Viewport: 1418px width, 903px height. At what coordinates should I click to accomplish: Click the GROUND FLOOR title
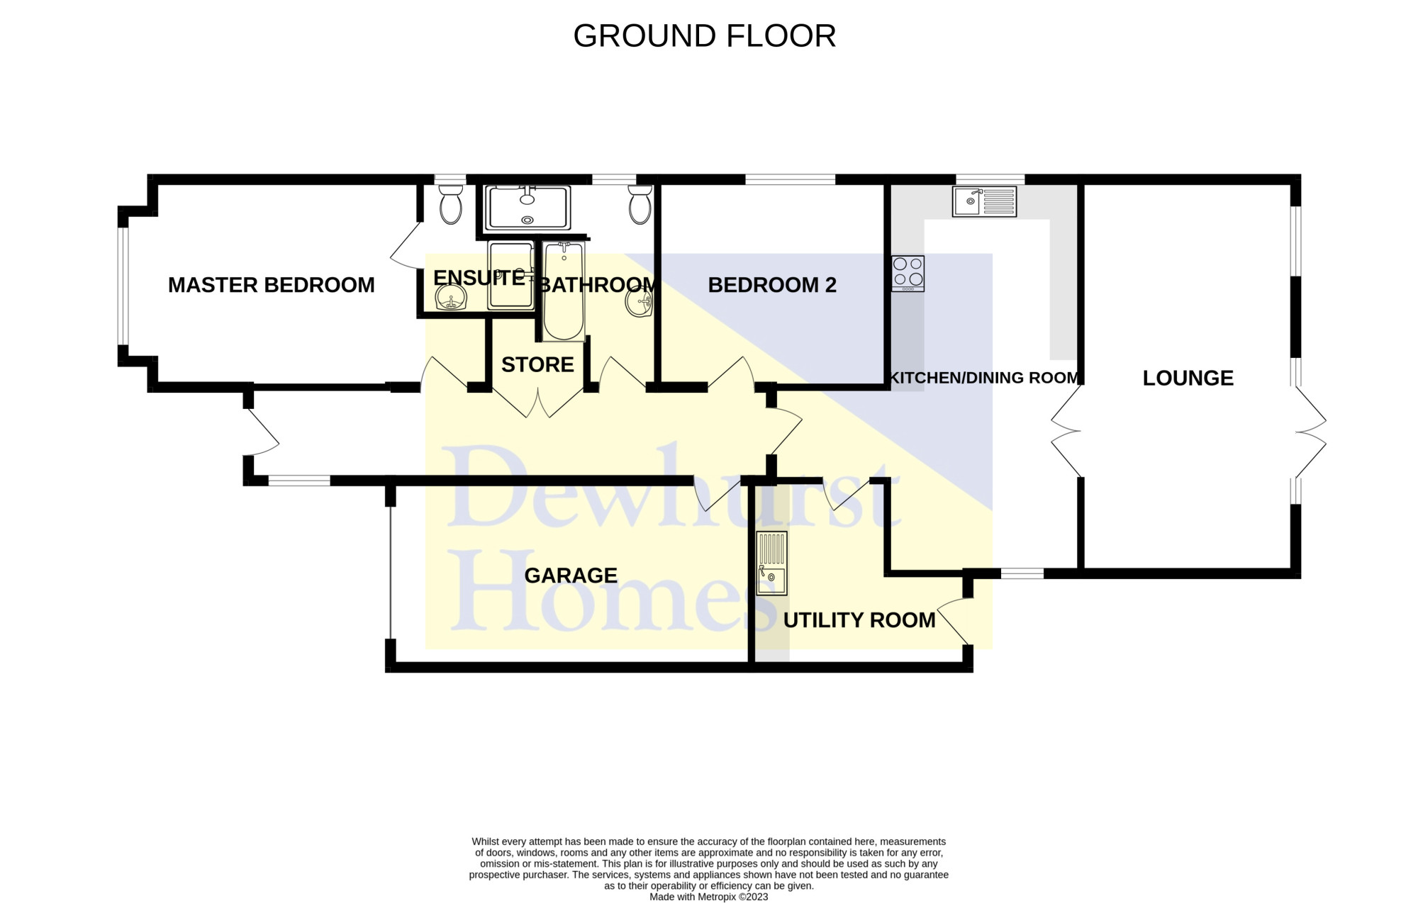pyautogui.click(x=705, y=35)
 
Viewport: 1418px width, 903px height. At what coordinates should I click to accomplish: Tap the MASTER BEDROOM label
pyautogui.click(x=272, y=285)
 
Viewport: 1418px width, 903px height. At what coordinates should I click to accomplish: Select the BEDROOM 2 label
pyautogui.click(x=772, y=285)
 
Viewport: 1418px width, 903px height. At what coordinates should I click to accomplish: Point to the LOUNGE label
pyautogui.click(x=1188, y=378)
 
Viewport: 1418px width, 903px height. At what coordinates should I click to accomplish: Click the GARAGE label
pyautogui.click(x=571, y=576)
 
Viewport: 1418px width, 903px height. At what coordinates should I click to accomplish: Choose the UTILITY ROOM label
pyautogui.click(x=859, y=620)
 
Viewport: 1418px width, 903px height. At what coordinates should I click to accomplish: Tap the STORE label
pyautogui.click(x=537, y=364)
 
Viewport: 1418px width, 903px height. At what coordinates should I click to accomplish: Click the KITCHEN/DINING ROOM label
pyautogui.click(x=984, y=378)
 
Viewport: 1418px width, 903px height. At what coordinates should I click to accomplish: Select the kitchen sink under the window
pyautogui.click(x=984, y=201)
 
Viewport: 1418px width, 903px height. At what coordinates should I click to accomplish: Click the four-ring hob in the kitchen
pyautogui.click(x=908, y=273)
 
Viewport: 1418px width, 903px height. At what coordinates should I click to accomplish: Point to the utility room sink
pyautogui.click(x=772, y=563)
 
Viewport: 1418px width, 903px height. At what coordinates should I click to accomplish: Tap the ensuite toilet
pyautogui.click(x=451, y=204)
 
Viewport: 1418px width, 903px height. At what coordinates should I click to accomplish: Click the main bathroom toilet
pyautogui.click(x=640, y=204)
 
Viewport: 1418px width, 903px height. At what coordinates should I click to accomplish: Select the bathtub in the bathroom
pyautogui.click(x=564, y=291)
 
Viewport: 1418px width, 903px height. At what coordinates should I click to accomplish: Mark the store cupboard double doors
pyautogui.click(x=538, y=402)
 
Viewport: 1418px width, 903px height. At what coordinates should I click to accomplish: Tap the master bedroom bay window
pyautogui.click(x=124, y=286)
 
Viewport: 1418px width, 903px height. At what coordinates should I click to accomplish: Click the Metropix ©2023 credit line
pyautogui.click(x=708, y=897)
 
